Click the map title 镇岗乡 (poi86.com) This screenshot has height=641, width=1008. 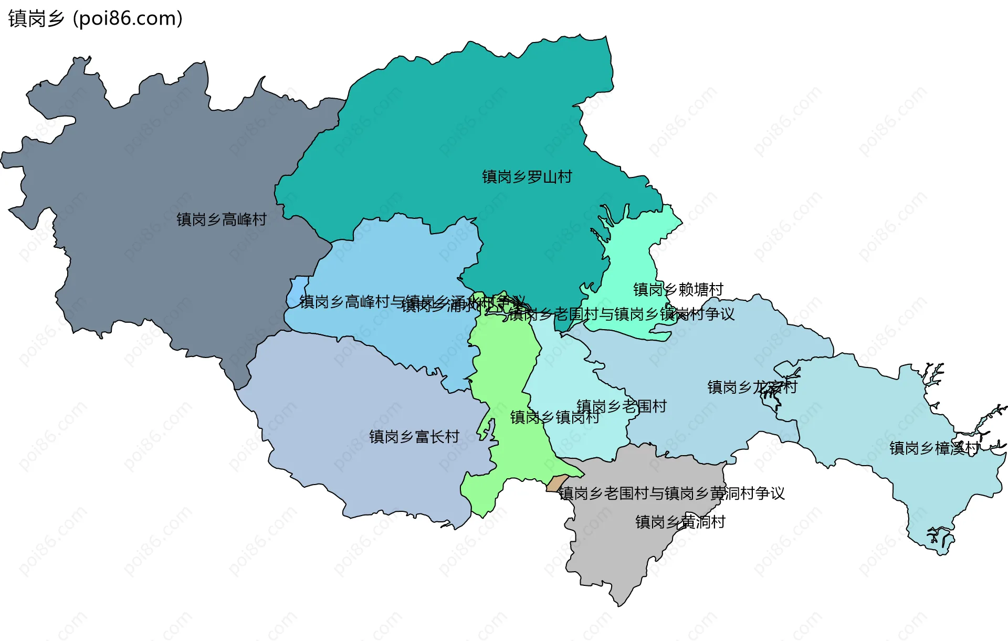(x=95, y=18)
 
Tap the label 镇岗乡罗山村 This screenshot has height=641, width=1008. (x=527, y=177)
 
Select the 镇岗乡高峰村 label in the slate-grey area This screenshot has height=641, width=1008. (x=221, y=219)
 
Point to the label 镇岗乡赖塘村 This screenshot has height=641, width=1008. (x=678, y=289)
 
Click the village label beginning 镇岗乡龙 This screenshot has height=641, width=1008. (x=752, y=387)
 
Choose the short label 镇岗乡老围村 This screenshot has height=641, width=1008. (x=622, y=406)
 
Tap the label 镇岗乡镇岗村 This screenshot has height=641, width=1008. (x=554, y=417)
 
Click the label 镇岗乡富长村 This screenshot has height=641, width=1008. (x=414, y=437)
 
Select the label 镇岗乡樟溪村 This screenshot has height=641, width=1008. (x=934, y=448)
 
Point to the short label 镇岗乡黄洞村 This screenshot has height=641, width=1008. (x=680, y=522)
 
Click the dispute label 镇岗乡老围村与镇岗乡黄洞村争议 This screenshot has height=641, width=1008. (x=671, y=493)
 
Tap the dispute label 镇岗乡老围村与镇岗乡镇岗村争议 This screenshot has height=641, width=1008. (x=621, y=314)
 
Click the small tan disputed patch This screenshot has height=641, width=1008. (x=556, y=482)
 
